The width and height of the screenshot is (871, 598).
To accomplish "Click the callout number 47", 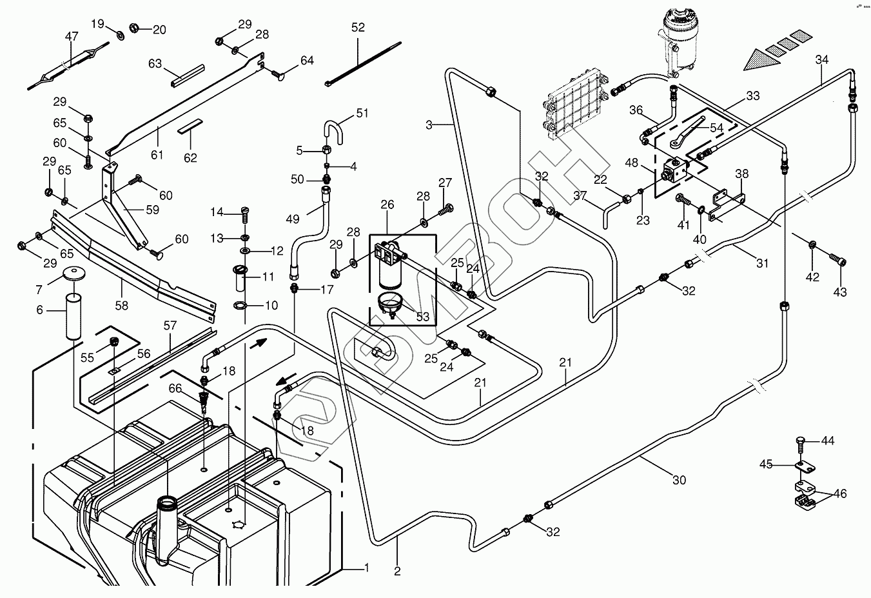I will (x=71, y=37).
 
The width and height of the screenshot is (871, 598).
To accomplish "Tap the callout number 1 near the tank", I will (x=366, y=568).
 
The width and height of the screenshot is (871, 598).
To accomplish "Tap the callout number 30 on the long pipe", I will (x=679, y=480).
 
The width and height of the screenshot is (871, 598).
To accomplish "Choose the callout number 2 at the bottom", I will (x=397, y=571).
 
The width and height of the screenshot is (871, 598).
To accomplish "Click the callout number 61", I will (x=157, y=155).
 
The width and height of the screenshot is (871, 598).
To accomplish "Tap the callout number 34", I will (x=821, y=60).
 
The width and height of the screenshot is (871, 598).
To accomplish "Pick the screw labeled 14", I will (x=244, y=211).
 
